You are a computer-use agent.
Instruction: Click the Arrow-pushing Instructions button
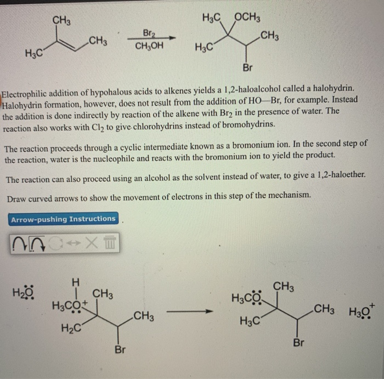click(63, 219)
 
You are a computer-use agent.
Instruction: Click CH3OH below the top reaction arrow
click(149, 46)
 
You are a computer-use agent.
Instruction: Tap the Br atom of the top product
click(247, 69)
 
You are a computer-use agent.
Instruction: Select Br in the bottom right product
click(298, 343)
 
